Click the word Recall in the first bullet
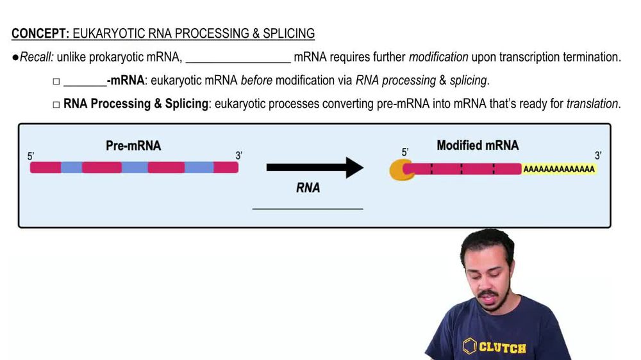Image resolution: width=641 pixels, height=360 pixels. (x=36, y=58)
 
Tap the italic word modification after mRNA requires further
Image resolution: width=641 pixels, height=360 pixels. (x=438, y=58)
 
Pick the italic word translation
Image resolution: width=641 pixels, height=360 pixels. (x=592, y=104)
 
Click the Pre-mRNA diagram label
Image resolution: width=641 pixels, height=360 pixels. (x=133, y=146)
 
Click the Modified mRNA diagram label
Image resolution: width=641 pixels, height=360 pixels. (x=478, y=145)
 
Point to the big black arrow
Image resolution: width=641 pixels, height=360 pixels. (x=314, y=168)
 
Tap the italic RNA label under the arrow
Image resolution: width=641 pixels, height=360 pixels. (x=308, y=188)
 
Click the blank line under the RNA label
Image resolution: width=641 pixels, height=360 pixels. (x=308, y=208)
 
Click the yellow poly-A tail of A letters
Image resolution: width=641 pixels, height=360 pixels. (x=558, y=170)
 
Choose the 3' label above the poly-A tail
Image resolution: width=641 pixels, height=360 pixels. (x=598, y=156)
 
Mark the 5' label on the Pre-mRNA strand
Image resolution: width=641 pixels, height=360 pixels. (x=31, y=156)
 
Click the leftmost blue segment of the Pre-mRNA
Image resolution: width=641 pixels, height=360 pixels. (x=71, y=168)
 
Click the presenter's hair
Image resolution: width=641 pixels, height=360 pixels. (x=487, y=242)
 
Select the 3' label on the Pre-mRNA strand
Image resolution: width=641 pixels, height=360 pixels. (x=238, y=156)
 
